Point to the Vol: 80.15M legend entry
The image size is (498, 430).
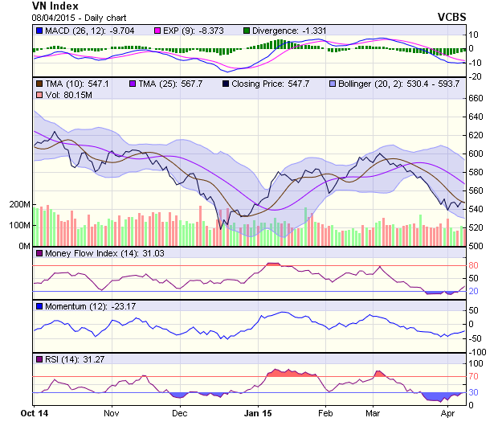point(67,96)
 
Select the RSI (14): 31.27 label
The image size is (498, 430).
point(70,358)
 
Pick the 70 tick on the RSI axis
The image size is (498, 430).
point(473,375)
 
